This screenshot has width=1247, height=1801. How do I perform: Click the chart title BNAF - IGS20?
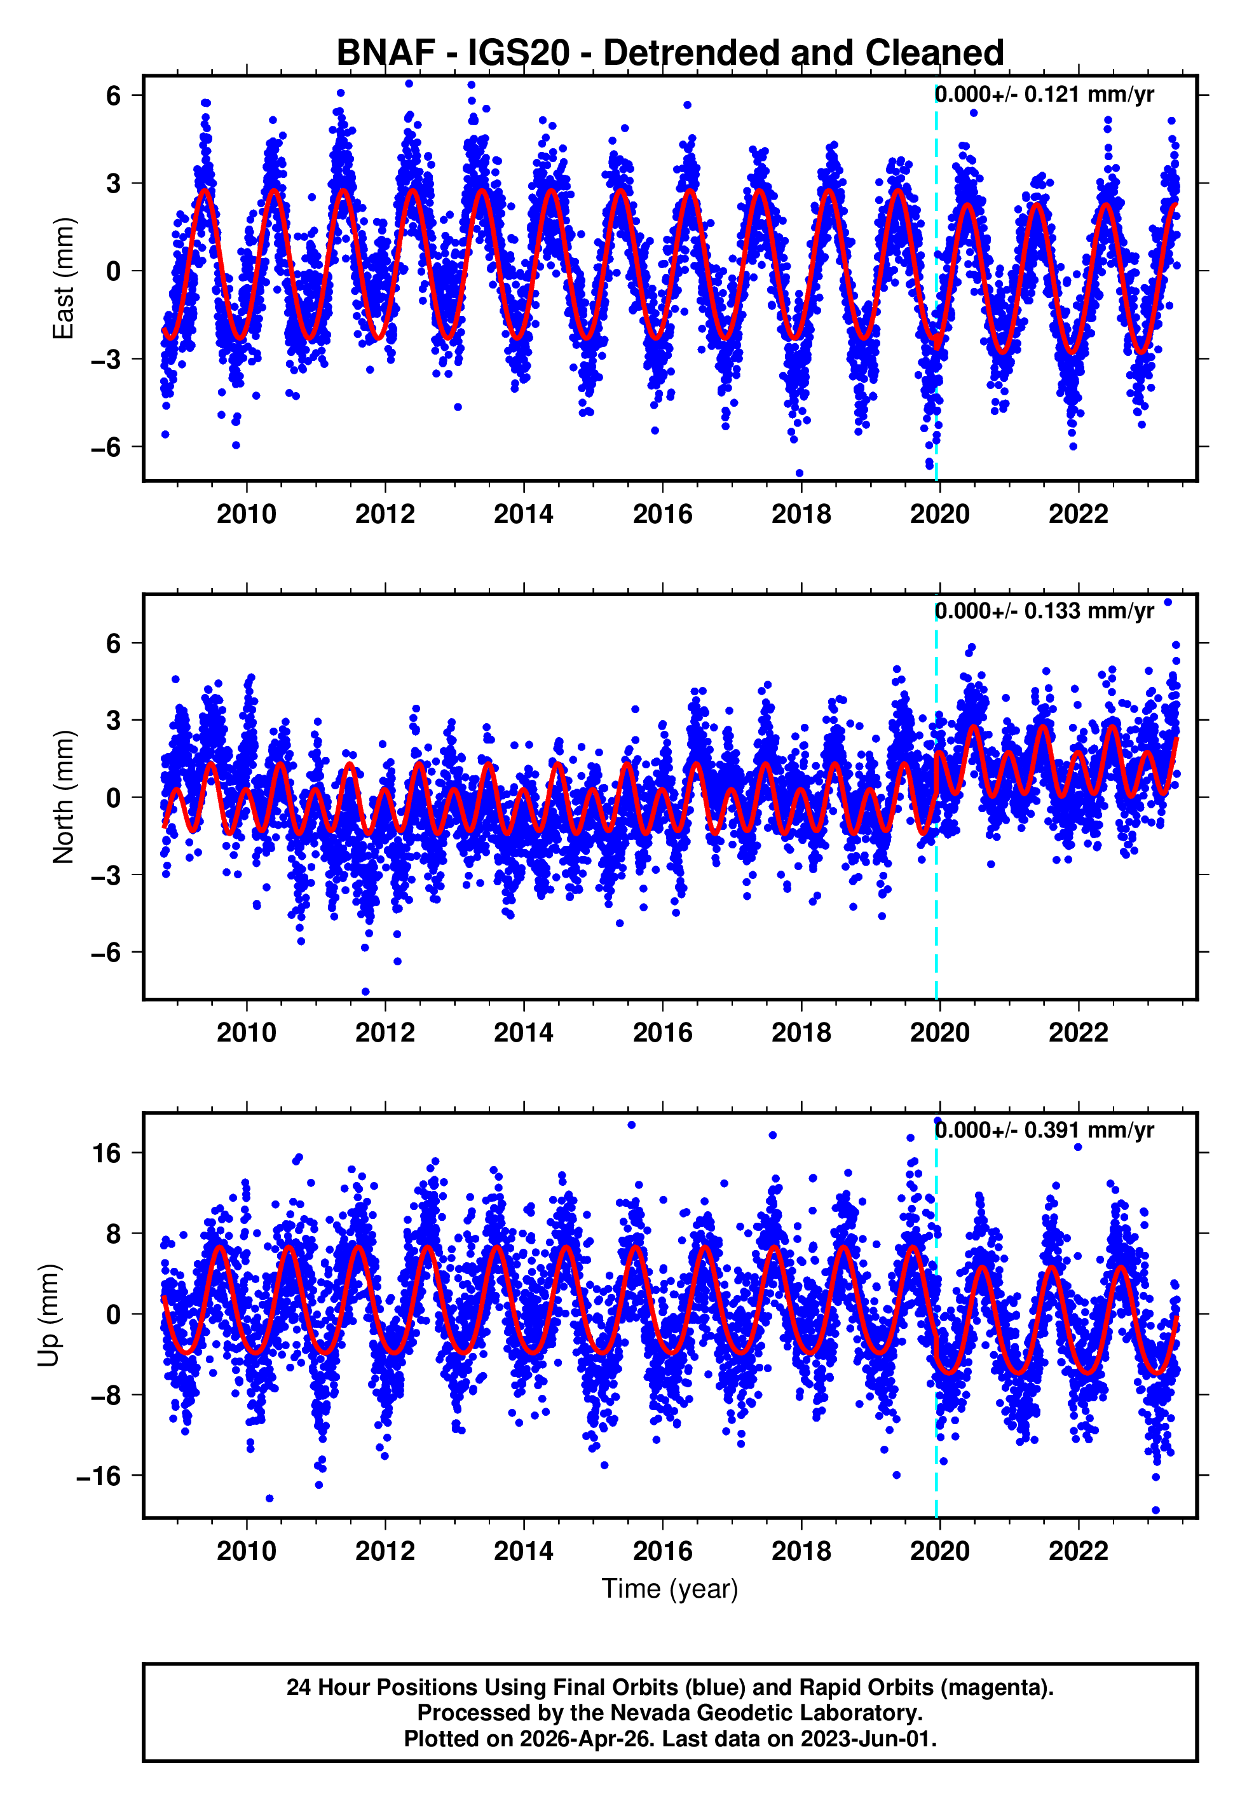(670, 53)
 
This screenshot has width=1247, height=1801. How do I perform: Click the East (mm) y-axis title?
(62, 278)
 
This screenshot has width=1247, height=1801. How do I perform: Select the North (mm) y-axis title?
(62, 797)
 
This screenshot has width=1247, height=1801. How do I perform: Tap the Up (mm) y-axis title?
(48, 1315)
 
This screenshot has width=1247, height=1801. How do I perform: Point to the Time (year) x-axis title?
(670, 1589)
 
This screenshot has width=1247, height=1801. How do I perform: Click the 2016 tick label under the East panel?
(662, 514)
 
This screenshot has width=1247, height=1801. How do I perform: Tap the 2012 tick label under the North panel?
(385, 1033)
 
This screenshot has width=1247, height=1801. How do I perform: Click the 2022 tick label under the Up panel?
(1077, 1551)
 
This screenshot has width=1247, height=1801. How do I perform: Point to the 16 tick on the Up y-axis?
(106, 1153)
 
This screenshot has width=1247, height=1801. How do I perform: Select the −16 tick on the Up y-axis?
(99, 1476)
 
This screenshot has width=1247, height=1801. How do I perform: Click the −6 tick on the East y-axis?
(105, 447)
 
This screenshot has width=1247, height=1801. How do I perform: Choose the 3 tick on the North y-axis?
(113, 720)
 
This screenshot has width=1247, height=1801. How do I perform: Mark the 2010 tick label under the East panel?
(246, 514)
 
